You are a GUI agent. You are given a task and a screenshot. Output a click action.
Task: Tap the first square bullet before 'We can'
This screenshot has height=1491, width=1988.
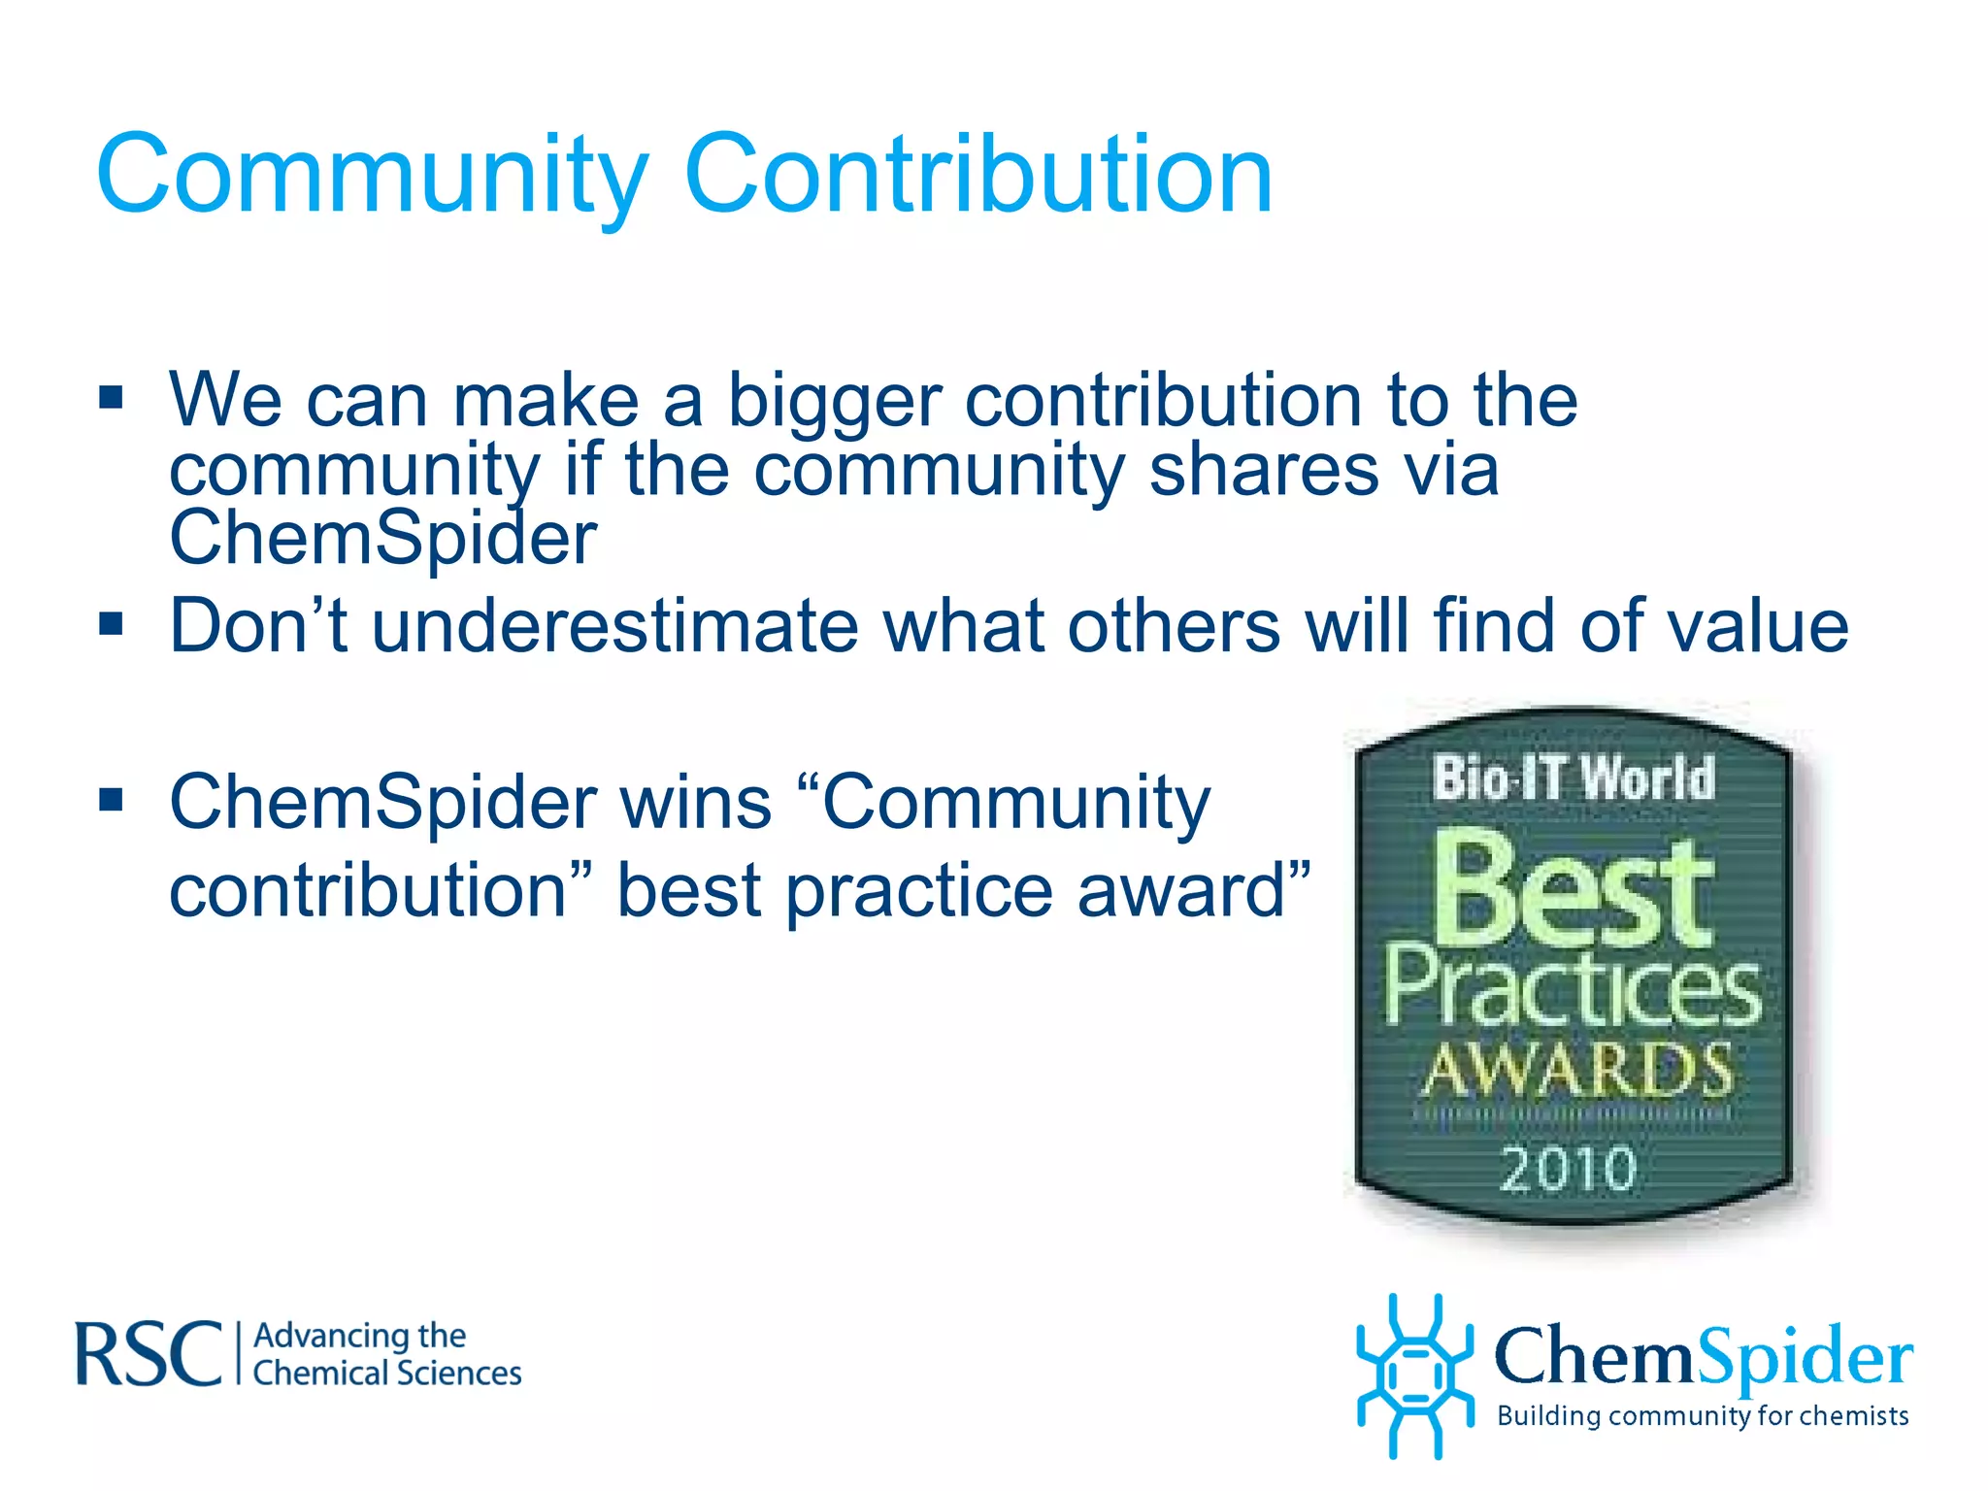(112, 398)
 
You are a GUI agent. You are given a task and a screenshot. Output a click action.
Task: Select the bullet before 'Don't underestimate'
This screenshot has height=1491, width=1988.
(112, 623)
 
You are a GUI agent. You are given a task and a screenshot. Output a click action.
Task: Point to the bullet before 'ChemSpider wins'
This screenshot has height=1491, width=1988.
(112, 800)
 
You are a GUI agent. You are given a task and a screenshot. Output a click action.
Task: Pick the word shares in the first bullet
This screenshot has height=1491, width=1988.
(1262, 470)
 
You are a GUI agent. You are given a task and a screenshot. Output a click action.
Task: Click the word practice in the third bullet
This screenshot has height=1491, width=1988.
(918, 892)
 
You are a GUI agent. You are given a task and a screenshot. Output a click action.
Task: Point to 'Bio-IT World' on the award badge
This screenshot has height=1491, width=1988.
(1574, 779)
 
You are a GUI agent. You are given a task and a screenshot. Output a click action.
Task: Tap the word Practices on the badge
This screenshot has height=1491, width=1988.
(1572, 990)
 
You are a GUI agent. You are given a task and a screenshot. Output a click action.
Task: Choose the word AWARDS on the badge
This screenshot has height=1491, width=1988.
(1576, 1070)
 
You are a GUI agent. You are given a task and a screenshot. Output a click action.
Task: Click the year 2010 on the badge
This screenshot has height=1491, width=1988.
(1569, 1168)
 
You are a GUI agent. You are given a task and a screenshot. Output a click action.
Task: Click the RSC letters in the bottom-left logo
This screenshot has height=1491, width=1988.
(149, 1353)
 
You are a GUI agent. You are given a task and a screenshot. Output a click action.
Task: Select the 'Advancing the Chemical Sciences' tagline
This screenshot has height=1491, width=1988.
(386, 1354)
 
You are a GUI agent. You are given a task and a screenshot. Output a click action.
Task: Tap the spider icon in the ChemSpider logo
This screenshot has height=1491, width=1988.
(1415, 1375)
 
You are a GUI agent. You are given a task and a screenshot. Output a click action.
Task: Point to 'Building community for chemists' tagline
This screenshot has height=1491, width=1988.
(1703, 1415)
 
